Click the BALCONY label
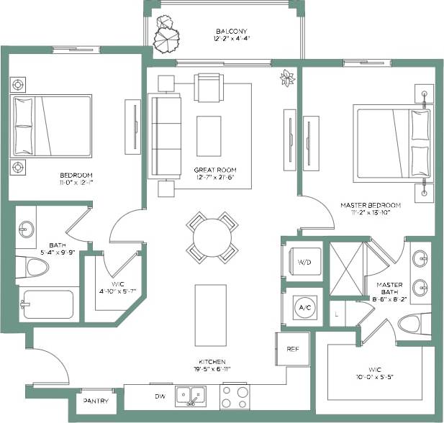[x=232, y=32]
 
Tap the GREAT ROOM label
[x=215, y=170]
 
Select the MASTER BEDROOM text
[x=370, y=205]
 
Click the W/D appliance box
[x=304, y=262]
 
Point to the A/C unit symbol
[x=304, y=307]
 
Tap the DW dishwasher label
[x=159, y=395]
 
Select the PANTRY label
[x=96, y=401]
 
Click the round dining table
[x=212, y=235]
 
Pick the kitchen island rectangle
[x=212, y=314]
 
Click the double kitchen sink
[x=192, y=396]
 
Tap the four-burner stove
[x=234, y=396]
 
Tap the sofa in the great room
[x=164, y=136]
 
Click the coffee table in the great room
[x=209, y=136]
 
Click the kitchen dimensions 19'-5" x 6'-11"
[x=213, y=369]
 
